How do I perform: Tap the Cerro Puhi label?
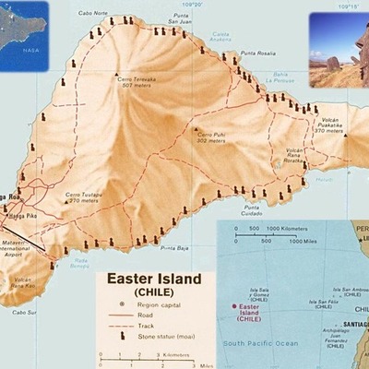(x=209, y=138)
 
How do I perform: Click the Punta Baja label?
(x=173, y=248)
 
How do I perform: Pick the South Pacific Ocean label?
(x=268, y=343)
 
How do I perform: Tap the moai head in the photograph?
(x=355, y=49)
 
